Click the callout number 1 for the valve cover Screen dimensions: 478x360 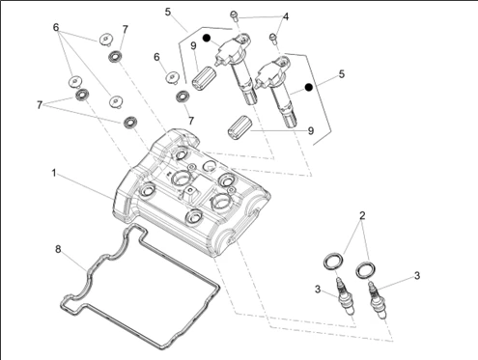point(54,173)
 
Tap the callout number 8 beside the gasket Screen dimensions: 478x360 point(58,249)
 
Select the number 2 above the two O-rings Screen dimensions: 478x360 point(362,215)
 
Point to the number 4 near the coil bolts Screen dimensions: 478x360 point(286,16)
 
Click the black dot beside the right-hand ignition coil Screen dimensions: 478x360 point(309,87)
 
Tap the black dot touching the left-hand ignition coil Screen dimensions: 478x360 point(207,38)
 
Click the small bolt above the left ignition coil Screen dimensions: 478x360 point(234,15)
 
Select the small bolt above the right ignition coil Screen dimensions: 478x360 point(273,38)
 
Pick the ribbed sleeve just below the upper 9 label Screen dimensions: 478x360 point(204,77)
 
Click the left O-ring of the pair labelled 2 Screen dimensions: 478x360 point(333,262)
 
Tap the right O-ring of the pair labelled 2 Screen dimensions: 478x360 point(365,270)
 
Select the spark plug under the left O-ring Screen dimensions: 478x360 point(346,296)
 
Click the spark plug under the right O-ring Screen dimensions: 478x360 point(378,300)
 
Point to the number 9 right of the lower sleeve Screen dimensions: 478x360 point(311,130)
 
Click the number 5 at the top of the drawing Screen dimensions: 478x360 point(168,13)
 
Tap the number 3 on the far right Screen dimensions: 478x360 point(417,276)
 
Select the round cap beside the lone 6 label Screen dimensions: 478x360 point(173,77)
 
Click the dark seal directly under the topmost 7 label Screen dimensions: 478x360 point(115,57)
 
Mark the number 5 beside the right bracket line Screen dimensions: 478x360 point(342,74)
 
